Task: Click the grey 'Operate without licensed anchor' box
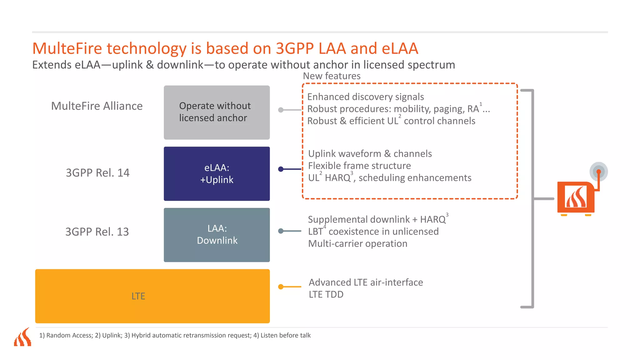click(x=217, y=112)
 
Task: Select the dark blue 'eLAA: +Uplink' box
click(x=217, y=173)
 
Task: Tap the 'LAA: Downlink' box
click(x=217, y=235)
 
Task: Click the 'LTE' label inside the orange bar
click(x=138, y=296)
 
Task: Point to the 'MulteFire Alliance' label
click(x=97, y=106)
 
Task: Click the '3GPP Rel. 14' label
click(x=97, y=172)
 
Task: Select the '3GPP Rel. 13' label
click(x=97, y=232)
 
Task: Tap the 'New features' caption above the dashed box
click(x=332, y=76)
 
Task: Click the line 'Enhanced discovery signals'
click(x=365, y=97)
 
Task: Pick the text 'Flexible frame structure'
click(x=359, y=166)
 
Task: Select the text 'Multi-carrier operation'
click(x=357, y=243)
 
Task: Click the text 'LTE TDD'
click(x=326, y=294)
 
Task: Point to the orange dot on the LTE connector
click(x=281, y=287)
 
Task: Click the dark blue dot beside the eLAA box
click(x=281, y=169)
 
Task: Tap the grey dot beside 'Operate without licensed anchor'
click(x=281, y=110)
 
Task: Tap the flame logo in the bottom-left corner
click(x=23, y=337)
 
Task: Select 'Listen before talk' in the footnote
click(x=285, y=335)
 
